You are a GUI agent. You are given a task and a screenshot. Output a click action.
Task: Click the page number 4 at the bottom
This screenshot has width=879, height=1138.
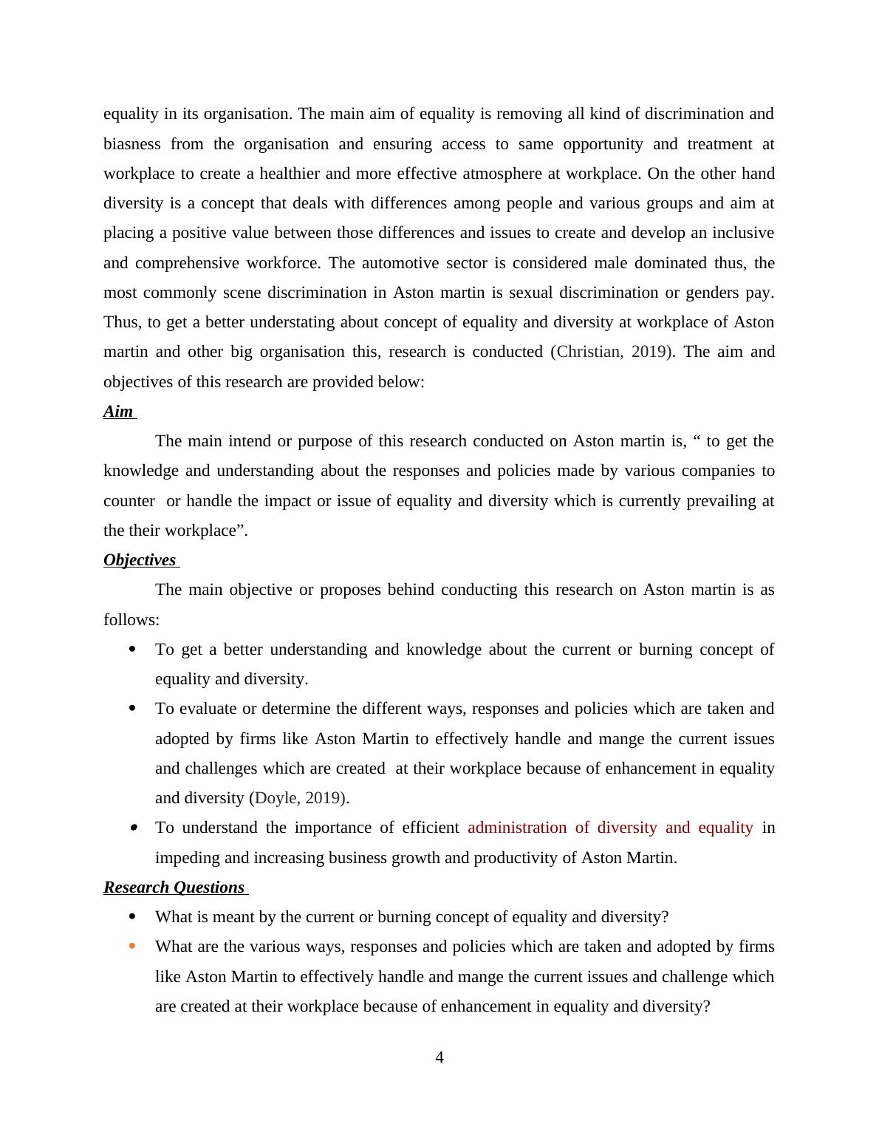tap(439, 1057)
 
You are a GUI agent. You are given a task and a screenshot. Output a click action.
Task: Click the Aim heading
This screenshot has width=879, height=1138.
tap(118, 412)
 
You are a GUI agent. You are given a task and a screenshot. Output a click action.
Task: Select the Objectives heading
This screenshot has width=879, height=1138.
tap(140, 560)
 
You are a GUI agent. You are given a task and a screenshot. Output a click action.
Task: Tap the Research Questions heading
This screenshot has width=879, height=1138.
tap(174, 887)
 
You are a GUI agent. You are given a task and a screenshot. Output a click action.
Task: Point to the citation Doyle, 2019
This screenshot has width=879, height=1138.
tap(298, 798)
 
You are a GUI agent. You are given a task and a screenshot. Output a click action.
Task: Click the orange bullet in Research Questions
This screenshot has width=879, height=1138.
tap(132, 946)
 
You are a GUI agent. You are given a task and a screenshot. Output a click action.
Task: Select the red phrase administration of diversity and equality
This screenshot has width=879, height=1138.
tap(610, 828)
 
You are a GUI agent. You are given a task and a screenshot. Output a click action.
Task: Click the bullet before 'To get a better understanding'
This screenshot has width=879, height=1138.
tap(132, 649)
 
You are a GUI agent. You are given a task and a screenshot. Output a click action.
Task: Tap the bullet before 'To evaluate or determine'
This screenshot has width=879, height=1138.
tap(132, 708)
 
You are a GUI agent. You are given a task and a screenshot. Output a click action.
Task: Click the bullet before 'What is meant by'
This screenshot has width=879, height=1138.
tap(132, 916)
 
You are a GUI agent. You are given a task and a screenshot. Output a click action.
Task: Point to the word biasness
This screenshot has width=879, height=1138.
tap(131, 144)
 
